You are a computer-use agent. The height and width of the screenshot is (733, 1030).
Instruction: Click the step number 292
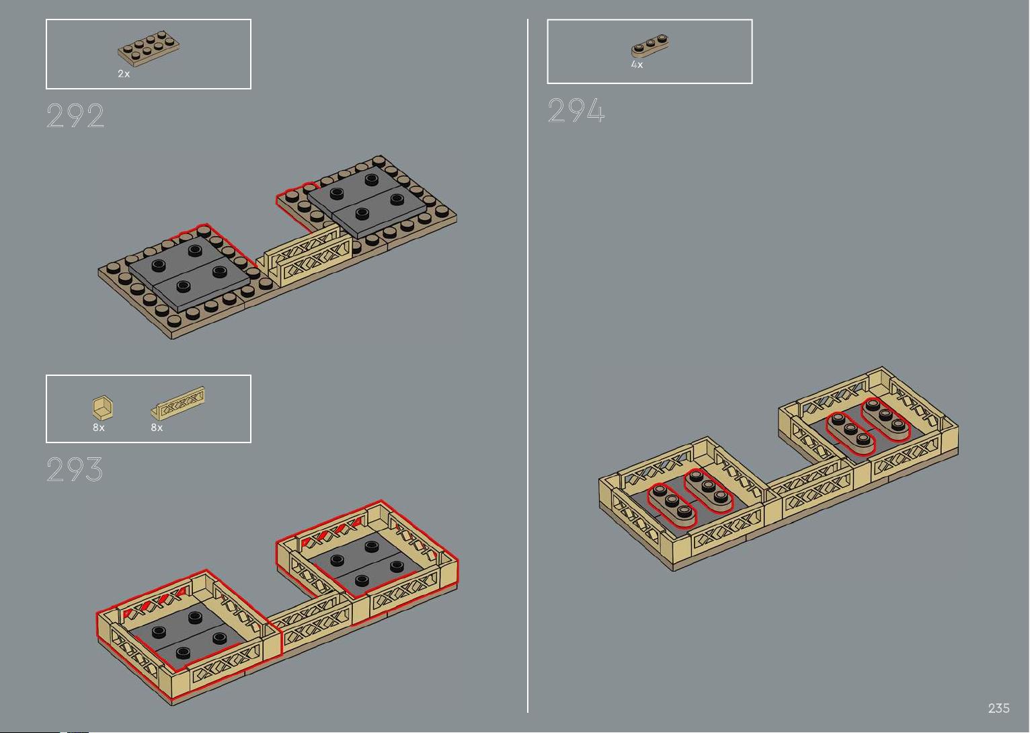click(x=75, y=116)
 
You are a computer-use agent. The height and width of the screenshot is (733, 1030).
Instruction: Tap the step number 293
click(x=75, y=469)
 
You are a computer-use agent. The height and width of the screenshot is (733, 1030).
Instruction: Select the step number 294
click(x=576, y=110)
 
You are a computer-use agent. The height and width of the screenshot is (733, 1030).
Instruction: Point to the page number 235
click(x=998, y=707)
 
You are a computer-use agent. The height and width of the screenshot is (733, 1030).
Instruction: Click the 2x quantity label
click(x=124, y=73)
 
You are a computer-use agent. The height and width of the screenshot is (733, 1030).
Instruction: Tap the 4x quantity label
click(x=637, y=65)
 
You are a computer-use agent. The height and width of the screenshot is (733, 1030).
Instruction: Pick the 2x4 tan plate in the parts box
click(x=149, y=48)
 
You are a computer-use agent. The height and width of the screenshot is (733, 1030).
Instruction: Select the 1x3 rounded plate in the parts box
click(x=649, y=46)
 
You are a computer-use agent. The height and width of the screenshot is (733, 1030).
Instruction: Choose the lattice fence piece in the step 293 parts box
click(x=177, y=403)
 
